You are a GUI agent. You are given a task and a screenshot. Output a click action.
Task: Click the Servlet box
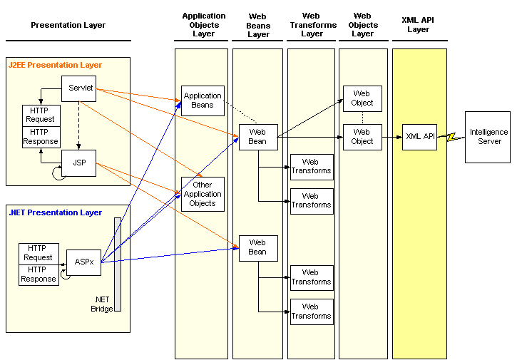tap(79, 88)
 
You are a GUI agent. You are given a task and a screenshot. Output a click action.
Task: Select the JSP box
tap(79, 163)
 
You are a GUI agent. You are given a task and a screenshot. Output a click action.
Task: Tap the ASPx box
tap(83, 262)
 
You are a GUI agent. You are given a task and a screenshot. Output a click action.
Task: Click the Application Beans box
tap(203, 101)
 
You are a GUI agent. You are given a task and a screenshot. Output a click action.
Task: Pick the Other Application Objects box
tap(203, 194)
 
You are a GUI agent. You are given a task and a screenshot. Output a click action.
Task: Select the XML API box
tap(419, 137)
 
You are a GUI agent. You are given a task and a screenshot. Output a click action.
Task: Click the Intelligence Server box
tap(488, 137)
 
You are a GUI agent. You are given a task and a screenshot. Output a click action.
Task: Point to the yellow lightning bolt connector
tap(451, 137)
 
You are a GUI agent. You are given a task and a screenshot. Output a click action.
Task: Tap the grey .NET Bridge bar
tap(118, 264)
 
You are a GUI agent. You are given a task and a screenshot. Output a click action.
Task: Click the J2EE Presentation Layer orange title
tap(55, 65)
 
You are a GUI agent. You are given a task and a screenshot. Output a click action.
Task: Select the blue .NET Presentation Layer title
tap(55, 212)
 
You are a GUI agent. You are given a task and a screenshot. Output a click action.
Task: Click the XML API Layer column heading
tap(418, 25)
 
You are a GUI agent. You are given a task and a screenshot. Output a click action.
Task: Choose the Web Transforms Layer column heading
tap(313, 25)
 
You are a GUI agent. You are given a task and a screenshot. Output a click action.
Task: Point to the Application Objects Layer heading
tap(204, 25)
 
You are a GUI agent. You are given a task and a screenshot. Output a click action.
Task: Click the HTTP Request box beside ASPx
tap(39, 254)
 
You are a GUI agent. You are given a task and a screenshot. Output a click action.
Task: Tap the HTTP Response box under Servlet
tap(41, 137)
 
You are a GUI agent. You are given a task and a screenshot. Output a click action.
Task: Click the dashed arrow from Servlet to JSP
tap(79, 125)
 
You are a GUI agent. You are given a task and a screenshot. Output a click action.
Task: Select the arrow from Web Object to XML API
tap(392, 137)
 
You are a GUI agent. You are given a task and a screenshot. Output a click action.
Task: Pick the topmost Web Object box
tap(362, 98)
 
